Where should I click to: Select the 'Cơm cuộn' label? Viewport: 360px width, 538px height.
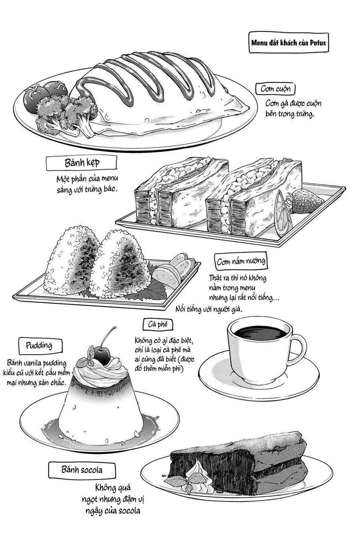coord(276,89)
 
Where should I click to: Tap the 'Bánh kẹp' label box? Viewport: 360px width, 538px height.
coord(82,163)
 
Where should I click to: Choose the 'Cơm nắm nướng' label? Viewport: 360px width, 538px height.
coord(241,262)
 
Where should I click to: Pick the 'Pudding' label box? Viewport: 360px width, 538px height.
coord(41,345)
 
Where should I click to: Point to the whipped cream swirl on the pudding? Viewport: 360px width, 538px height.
coord(102,370)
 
